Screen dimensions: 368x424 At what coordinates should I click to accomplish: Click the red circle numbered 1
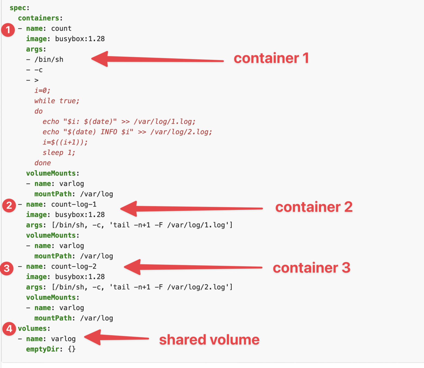[x=8, y=30]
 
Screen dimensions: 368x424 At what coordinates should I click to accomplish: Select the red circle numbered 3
[x=7, y=269]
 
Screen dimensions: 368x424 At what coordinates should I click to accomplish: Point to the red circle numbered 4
[x=9, y=329]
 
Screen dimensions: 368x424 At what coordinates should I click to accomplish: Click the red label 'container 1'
[x=271, y=58]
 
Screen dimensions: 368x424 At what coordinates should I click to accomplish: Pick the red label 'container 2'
[x=314, y=207]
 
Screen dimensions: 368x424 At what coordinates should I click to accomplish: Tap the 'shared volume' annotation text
[x=209, y=340]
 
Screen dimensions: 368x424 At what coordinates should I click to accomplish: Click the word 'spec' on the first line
[x=18, y=8]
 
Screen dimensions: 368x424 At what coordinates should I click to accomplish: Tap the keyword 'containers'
[x=39, y=18]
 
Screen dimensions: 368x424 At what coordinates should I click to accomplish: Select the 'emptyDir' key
[x=42, y=349]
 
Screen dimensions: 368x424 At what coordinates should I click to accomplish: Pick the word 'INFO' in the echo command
[x=109, y=132]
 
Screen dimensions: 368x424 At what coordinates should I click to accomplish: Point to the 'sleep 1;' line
[x=59, y=153]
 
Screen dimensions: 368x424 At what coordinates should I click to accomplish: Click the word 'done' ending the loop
[x=42, y=163]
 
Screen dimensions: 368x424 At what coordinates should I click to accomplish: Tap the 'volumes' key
[x=32, y=328]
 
